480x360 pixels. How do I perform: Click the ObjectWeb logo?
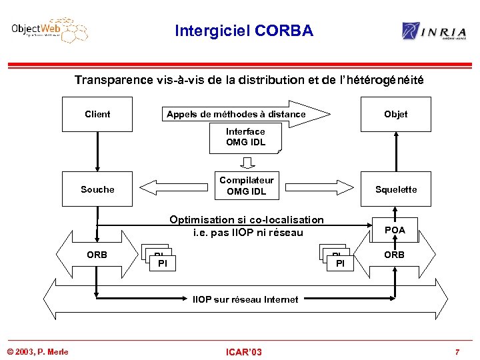(x=49, y=31)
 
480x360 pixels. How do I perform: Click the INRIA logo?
(x=433, y=31)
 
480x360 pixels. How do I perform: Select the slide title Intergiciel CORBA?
(x=243, y=31)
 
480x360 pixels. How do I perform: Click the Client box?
(x=97, y=114)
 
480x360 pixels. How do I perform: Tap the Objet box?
(x=395, y=114)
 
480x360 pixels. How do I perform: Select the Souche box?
(x=97, y=189)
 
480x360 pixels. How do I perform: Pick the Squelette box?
(x=395, y=189)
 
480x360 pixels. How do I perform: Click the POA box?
(x=395, y=230)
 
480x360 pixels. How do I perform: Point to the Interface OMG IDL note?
(x=245, y=137)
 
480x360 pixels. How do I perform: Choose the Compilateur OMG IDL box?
(x=246, y=186)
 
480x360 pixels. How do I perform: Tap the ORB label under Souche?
(x=97, y=255)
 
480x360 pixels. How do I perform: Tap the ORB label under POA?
(x=395, y=255)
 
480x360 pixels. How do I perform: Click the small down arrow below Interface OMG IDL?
(x=247, y=163)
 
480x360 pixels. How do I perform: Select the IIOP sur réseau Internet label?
(x=245, y=299)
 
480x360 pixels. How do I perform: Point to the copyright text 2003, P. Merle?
(x=38, y=351)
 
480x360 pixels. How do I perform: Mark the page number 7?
(x=457, y=351)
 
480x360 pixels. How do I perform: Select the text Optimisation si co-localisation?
(x=247, y=220)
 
